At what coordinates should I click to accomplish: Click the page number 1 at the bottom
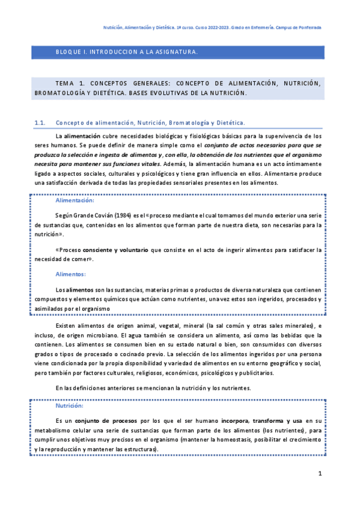[x=320, y=474]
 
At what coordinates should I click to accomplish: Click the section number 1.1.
[x=41, y=123]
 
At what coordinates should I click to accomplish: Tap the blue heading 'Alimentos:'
[x=70, y=274]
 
